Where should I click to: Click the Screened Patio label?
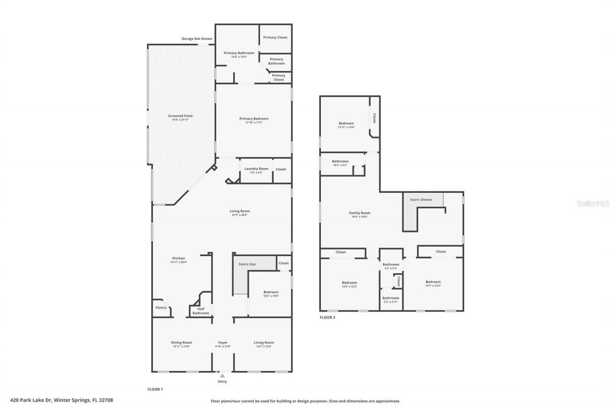pyautogui.click(x=180, y=115)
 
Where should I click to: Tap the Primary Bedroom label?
pyautogui.click(x=253, y=118)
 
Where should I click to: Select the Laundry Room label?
pyautogui.click(x=256, y=168)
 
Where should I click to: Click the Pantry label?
pyautogui.click(x=161, y=307)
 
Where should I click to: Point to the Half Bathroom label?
pyautogui.click(x=200, y=311)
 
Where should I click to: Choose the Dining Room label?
pyautogui.click(x=181, y=342)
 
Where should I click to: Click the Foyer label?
pyautogui.click(x=223, y=342)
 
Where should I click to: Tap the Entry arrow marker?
pyautogui.click(x=222, y=376)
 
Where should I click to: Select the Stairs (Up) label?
pyautogui.click(x=247, y=263)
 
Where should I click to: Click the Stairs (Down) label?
pyautogui.click(x=421, y=199)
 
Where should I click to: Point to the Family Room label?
pyautogui.click(x=359, y=213)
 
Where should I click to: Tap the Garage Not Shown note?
pyautogui.click(x=197, y=39)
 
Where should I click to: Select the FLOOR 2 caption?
pyautogui.click(x=327, y=317)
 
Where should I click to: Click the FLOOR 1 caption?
pyautogui.click(x=155, y=389)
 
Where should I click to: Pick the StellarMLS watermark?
pyautogui.click(x=593, y=203)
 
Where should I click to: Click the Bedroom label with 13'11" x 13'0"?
pyautogui.click(x=346, y=123)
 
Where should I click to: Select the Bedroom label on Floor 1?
pyautogui.click(x=271, y=292)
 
